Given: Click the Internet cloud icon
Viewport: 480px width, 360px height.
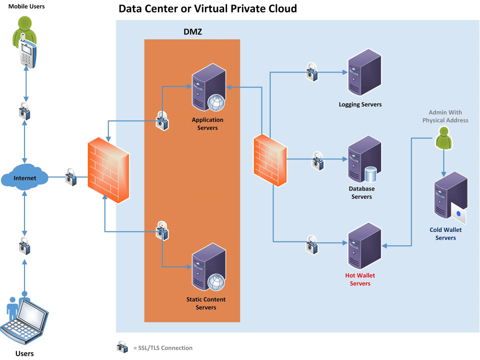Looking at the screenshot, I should [25, 178].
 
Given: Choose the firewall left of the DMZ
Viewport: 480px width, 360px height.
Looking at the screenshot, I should [108, 171].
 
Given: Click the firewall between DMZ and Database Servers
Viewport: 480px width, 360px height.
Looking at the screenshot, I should [270, 159].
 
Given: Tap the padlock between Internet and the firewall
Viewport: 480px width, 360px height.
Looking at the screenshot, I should [71, 177].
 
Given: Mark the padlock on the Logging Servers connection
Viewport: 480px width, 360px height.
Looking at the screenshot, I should [312, 72].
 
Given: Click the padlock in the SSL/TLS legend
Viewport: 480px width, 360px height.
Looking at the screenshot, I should [122, 347].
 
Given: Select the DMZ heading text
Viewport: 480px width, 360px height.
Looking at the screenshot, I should [193, 32].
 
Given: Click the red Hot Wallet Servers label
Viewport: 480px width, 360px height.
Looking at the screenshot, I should [360, 279].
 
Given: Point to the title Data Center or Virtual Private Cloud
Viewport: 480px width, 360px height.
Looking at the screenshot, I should [207, 9].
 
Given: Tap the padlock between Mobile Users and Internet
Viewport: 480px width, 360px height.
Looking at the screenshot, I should [25, 111].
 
